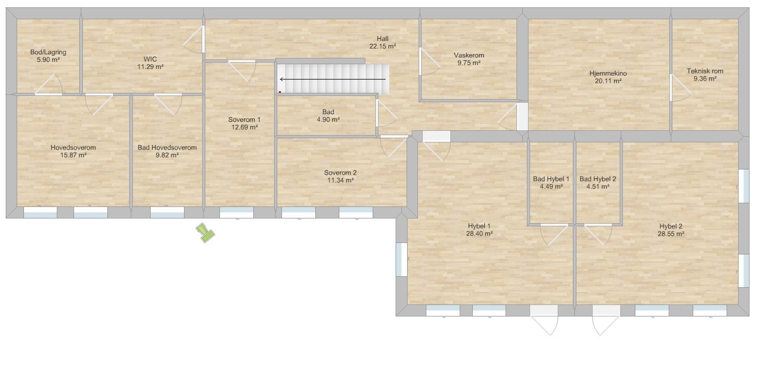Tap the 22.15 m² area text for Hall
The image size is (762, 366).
point(383,46)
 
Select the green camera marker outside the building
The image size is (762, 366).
point(205,233)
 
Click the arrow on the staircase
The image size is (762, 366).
point(333,79)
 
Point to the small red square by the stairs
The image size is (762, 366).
point(280,92)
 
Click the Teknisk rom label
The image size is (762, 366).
point(705,71)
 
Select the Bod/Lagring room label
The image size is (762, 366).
point(48,52)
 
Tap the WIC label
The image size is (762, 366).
point(150,59)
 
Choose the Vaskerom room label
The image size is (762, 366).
point(469,55)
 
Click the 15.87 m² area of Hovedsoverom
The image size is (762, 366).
point(73,155)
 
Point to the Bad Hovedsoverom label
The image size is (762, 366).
point(167,148)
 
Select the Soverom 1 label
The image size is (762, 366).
point(244,120)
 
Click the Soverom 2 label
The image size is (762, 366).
point(340,173)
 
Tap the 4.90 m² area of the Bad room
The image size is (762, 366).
point(328,120)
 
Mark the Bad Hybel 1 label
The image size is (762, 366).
point(551,179)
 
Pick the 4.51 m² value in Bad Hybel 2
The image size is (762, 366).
point(598,187)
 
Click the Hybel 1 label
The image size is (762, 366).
point(480,226)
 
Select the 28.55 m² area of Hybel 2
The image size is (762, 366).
point(671,234)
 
